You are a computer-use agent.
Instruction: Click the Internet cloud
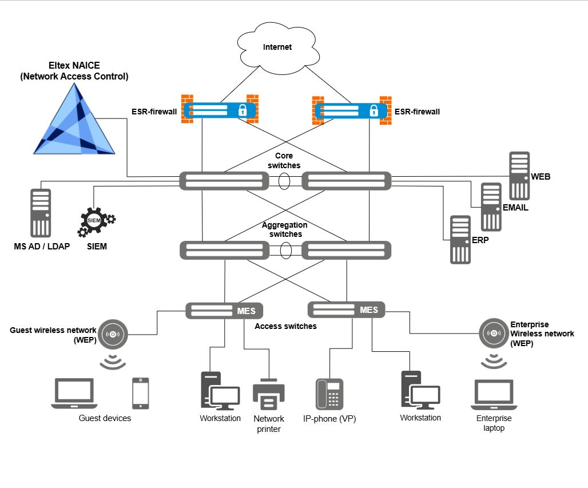click(277, 46)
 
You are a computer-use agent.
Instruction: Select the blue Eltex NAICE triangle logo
click(75, 124)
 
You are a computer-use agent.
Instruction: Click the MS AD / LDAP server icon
click(41, 212)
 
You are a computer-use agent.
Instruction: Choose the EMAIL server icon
click(491, 207)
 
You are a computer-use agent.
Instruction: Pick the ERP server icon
click(460, 239)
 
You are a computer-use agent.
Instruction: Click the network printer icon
click(268, 394)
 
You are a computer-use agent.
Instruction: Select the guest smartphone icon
click(140, 393)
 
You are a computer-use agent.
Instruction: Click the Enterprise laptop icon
click(494, 394)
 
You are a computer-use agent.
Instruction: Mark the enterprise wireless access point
click(494, 332)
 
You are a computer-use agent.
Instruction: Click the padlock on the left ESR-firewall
click(241, 110)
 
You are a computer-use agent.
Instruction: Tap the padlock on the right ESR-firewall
click(374, 110)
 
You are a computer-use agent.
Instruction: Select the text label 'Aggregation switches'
click(284, 229)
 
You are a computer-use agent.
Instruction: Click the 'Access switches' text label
click(285, 326)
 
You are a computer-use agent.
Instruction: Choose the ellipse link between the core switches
click(284, 181)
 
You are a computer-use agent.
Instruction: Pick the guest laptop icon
click(74, 394)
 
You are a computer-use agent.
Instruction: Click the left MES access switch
click(224, 311)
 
